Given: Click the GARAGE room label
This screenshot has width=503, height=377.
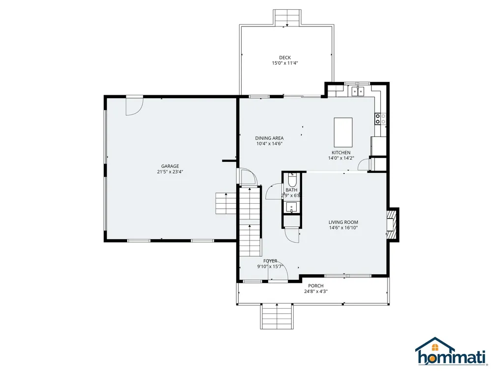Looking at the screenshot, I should pyautogui.click(x=170, y=166).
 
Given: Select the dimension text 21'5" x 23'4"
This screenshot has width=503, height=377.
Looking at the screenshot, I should pyautogui.click(x=170, y=172).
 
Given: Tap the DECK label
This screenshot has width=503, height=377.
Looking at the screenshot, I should pyautogui.click(x=285, y=57).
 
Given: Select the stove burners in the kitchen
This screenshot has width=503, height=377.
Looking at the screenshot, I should pyautogui.click(x=380, y=118).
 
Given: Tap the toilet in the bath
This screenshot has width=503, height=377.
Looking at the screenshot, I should pyautogui.click(x=292, y=180).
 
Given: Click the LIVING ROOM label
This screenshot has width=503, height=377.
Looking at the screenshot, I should pyautogui.click(x=343, y=222).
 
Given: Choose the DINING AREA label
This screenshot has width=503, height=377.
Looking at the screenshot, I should pyautogui.click(x=269, y=138).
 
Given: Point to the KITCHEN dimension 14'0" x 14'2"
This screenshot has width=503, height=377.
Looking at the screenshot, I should pyautogui.click(x=341, y=158).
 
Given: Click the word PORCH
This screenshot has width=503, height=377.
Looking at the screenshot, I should pyautogui.click(x=315, y=286).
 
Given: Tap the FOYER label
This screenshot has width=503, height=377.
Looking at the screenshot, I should pyautogui.click(x=270, y=261).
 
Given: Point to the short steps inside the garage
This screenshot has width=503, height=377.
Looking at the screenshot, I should pyautogui.click(x=226, y=203).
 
